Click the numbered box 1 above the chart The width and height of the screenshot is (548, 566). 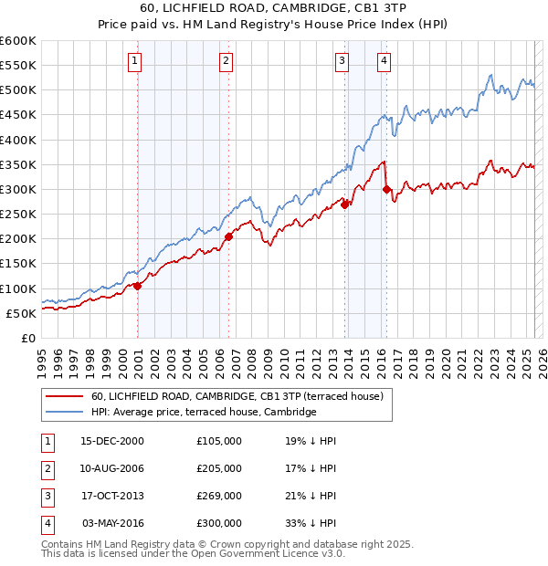134,61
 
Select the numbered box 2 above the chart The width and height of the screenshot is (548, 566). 226,61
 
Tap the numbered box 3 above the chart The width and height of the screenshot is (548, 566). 342,61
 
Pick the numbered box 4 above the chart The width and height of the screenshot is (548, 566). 384,61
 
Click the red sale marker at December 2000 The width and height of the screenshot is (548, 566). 138,286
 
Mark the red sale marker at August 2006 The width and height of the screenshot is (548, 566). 229,236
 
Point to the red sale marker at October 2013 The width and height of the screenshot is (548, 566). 345,204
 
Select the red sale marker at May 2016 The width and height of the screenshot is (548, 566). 386,190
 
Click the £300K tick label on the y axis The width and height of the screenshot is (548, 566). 18,190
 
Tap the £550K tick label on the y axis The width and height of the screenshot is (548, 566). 18,67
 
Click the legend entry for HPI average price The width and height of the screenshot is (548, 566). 203,413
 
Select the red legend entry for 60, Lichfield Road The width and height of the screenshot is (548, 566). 242,396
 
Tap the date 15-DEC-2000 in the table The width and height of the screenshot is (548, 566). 112,441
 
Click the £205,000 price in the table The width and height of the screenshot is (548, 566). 219,468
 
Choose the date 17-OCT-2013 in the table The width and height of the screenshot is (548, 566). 112,496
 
